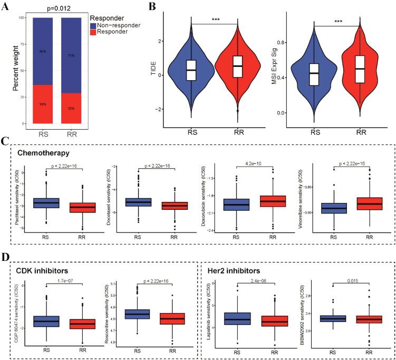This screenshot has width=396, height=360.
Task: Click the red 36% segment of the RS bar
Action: [x=41, y=104]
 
